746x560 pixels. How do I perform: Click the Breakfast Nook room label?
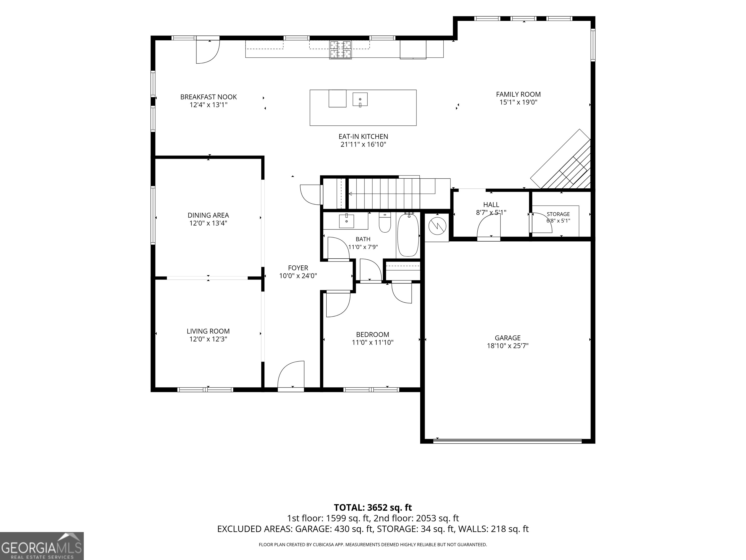(x=208, y=97)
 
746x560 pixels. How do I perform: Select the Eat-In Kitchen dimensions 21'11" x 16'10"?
(x=363, y=144)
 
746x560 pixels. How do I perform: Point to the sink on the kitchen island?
(x=360, y=99)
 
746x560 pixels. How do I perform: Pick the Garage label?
(x=508, y=338)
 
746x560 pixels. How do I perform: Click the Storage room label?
(x=558, y=214)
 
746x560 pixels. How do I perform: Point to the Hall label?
(x=491, y=205)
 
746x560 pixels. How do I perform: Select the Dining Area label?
(x=208, y=215)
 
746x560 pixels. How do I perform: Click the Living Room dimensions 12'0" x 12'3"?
(x=208, y=339)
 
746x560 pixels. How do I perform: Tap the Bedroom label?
(x=373, y=334)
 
